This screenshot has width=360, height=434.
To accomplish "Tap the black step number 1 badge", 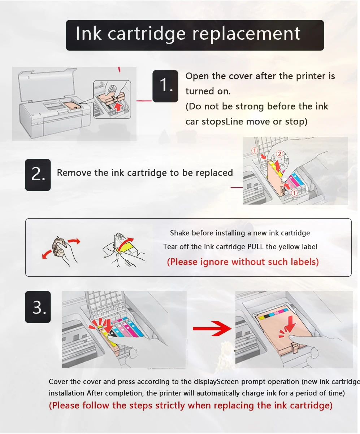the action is coord(165,86).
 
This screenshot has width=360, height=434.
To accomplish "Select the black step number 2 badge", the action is coord(38,175).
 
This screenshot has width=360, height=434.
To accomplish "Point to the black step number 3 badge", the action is coord(38,307).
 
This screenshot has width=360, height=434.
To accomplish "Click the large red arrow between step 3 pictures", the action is coord(212,328).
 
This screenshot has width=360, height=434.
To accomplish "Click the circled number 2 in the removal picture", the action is coord(279,154).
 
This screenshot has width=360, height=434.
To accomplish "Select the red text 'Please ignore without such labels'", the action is coord(243,262).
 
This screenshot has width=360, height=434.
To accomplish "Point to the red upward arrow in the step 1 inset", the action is coord(118,107).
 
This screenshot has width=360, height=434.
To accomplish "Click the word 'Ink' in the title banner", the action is coord(89,34).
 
